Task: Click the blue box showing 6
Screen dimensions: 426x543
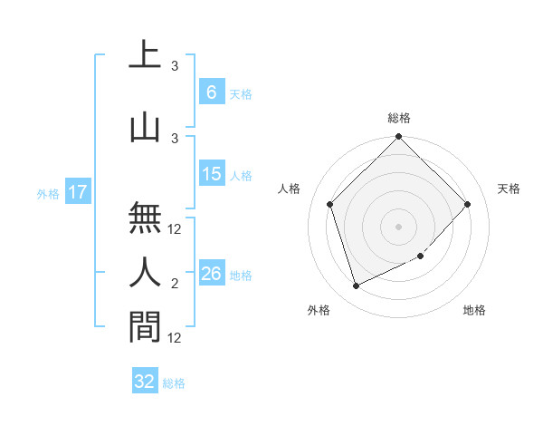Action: (x=211, y=92)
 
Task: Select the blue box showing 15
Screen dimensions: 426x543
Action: (x=211, y=174)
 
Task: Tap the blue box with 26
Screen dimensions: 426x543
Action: (x=211, y=274)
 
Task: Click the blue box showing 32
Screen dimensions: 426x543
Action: (x=145, y=382)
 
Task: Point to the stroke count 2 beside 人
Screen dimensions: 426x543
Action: (x=174, y=285)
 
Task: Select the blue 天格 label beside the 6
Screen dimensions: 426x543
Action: (x=241, y=94)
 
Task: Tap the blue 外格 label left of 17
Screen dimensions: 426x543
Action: (x=48, y=193)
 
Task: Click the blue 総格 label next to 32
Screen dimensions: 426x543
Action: (x=174, y=383)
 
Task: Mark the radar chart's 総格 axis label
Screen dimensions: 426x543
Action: (x=398, y=118)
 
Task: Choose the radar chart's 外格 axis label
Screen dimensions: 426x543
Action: (x=319, y=310)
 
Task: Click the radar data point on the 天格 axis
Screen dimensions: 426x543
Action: (x=467, y=204)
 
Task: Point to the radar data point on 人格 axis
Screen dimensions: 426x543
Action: (x=330, y=204)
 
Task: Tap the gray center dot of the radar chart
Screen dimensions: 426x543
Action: (x=398, y=226)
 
